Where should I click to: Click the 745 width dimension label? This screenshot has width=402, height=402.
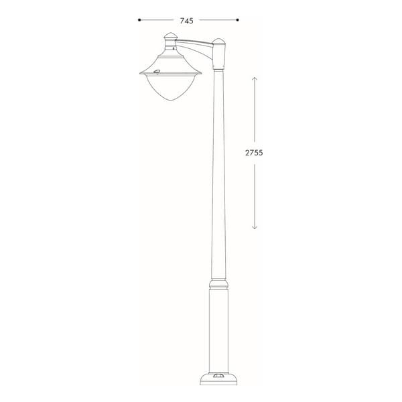[x=187, y=21]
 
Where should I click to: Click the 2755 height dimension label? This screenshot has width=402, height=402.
[x=254, y=153]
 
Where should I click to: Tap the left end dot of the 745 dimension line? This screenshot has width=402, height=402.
[x=139, y=19]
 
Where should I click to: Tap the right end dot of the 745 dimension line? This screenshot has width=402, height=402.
[x=237, y=19]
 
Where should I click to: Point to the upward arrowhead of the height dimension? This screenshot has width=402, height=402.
[x=255, y=79]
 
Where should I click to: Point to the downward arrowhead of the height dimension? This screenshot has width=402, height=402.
[x=255, y=226]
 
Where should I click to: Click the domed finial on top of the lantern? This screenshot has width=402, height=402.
[x=171, y=36]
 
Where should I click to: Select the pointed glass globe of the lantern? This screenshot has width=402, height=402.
[x=171, y=88]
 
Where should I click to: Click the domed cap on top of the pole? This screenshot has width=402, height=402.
[x=218, y=42]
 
